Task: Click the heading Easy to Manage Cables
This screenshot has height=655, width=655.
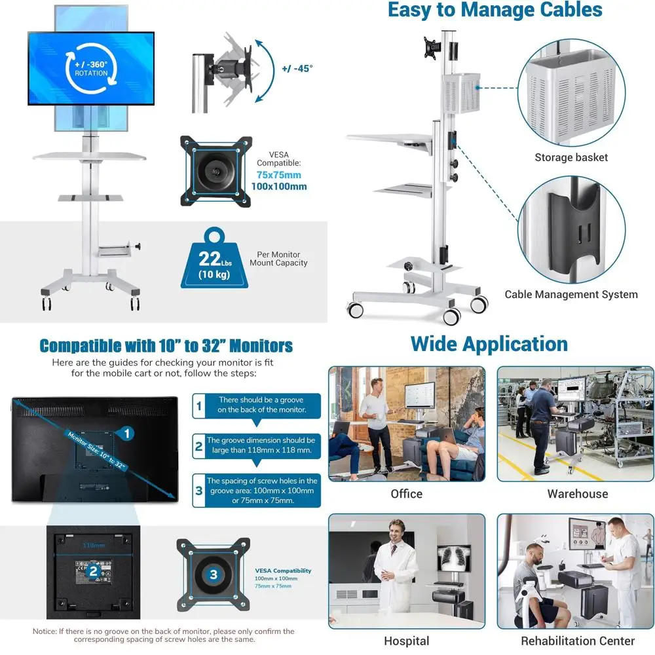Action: click(x=495, y=10)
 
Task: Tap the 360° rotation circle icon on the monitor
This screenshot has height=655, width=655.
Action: click(x=91, y=68)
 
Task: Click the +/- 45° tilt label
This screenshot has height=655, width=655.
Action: click(x=297, y=67)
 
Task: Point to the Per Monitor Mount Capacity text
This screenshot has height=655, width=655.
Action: click(x=278, y=258)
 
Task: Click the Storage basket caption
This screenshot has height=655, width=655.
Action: click(x=571, y=157)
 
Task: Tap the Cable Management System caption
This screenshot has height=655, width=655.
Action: click(x=571, y=294)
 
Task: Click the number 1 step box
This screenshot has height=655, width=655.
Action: click(x=199, y=405)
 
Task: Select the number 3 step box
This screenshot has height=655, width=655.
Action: click(x=199, y=491)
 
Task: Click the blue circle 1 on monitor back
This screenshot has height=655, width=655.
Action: click(x=127, y=433)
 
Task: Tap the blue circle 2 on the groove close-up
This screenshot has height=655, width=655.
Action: click(x=94, y=571)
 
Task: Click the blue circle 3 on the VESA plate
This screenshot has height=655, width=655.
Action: click(x=214, y=574)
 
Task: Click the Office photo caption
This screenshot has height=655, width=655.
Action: click(x=406, y=493)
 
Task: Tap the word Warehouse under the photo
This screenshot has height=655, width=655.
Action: click(x=578, y=493)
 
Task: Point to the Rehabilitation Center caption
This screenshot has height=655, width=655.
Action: click(x=578, y=641)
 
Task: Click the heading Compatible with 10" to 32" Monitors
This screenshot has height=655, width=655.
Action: click(x=166, y=346)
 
